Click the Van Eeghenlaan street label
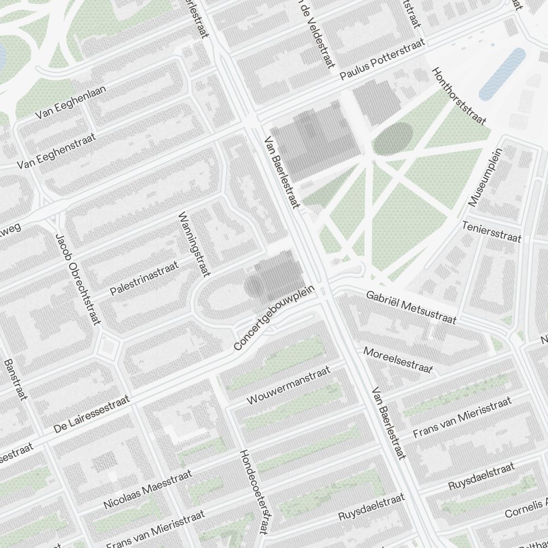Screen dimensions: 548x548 click(x=71, y=102)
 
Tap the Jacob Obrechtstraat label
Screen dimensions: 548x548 click(x=77, y=278)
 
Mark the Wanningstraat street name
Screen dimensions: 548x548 click(x=195, y=244)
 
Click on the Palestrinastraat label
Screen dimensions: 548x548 click(x=145, y=278)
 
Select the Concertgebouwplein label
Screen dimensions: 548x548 click(x=276, y=318)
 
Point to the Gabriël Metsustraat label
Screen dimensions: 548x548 click(x=411, y=307)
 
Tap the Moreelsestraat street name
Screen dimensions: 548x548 click(x=398, y=360)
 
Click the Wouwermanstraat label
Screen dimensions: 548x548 click(x=289, y=386)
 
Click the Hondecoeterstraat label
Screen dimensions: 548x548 click(x=253, y=492)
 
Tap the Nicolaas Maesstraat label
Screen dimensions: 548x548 click(x=147, y=489)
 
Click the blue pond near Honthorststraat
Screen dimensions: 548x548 click(x=502, y=74)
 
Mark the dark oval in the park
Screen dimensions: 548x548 click(x=392, y=138)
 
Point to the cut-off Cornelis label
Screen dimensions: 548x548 click(x=526, y=507)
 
